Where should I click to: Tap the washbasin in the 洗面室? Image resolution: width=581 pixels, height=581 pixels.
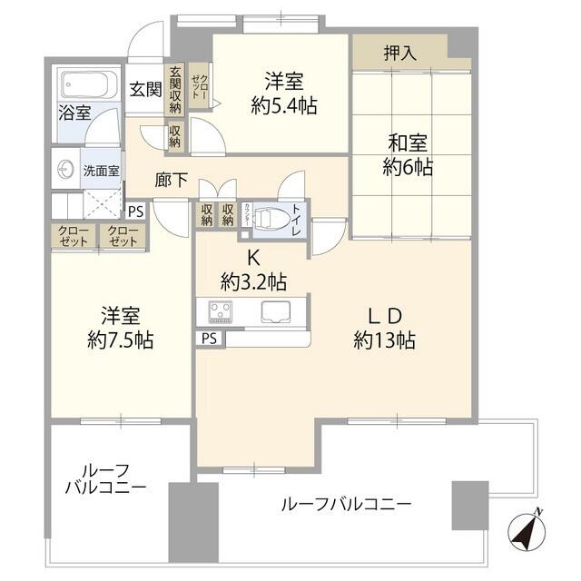[64, 170]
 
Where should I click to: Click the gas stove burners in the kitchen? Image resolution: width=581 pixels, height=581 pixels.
[221, 312]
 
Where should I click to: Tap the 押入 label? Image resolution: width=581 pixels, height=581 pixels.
[399, 53]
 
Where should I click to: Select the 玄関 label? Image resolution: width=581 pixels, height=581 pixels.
[144, 89]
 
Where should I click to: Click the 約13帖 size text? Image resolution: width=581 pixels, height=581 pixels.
[385, 341]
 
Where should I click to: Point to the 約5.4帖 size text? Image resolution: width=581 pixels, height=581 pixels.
[283, 105]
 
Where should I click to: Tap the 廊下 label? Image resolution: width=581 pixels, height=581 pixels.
[172, 181]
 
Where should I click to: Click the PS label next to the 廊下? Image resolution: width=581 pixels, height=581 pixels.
[135, 212]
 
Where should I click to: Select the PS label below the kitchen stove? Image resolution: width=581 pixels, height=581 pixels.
[209, 339]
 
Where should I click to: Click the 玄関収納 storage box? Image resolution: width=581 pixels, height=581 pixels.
[174, 91]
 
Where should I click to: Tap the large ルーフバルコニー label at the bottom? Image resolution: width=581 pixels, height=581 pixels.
[345, 503]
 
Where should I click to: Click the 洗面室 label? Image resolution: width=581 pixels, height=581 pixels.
[101, 170]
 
